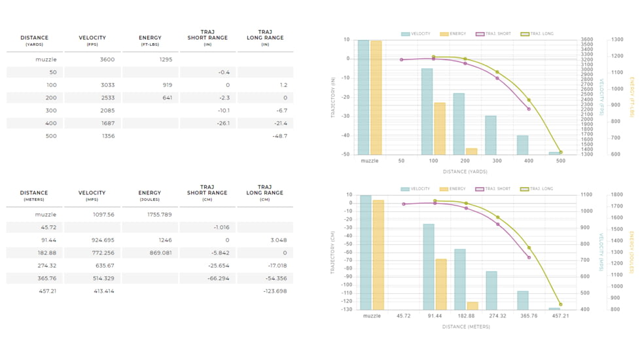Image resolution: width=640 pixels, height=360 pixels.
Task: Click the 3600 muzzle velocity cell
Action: [107, 60]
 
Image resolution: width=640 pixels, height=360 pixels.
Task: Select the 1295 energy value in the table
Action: [166, 60]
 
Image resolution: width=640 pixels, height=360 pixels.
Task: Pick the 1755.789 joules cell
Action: [160, 215]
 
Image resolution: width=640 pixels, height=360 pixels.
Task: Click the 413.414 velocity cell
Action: [103, 291]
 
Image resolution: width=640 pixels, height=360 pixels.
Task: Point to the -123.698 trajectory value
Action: [275, 291]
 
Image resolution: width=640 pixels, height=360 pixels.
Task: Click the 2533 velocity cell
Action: [107, 98]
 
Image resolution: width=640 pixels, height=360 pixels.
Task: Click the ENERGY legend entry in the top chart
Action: [453, 33]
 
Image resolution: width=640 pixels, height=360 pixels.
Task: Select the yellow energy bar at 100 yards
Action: [440, 128]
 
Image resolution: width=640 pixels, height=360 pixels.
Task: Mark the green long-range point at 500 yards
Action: [561, 153]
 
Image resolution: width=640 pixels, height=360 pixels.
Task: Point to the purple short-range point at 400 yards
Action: [529, 109]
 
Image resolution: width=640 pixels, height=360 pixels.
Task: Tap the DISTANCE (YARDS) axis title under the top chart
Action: [464, 171]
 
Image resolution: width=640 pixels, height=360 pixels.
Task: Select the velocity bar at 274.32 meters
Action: [491, 290]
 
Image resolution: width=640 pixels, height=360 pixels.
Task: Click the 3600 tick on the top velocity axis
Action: [586, 40]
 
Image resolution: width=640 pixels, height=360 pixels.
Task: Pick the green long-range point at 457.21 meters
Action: [561, 304]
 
